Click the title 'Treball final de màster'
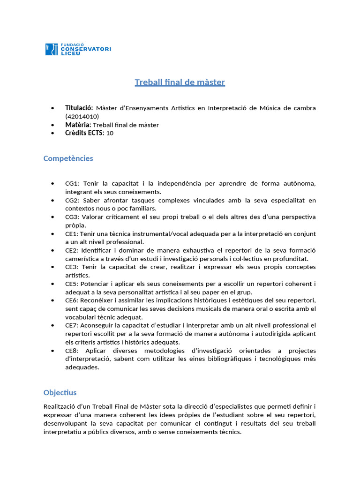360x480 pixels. [x=180, y=82]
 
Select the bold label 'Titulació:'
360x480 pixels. [x=79, y=108]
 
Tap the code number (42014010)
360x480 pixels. [x=82, y=116]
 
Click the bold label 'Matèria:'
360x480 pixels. [x=78, y=125]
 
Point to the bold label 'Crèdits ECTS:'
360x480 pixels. [x=85, y=133]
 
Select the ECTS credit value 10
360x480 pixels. [x=110, y=133]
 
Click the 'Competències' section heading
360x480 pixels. [x=68, y=158]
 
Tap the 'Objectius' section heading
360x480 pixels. [x=60, y=392]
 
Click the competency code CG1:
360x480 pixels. [x=73, y=183]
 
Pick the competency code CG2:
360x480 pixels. [x=73, y=200]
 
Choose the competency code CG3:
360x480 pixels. [x=73, y=217]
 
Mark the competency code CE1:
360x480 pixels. [x=72, y=233]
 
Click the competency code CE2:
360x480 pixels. [x=72, y=250]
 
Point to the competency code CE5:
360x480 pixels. [x=72, y=284]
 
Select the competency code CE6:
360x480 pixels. [x=72, y=300]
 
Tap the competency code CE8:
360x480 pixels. [x=72, y=351]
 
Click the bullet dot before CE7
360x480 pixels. [x=52, y=325]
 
